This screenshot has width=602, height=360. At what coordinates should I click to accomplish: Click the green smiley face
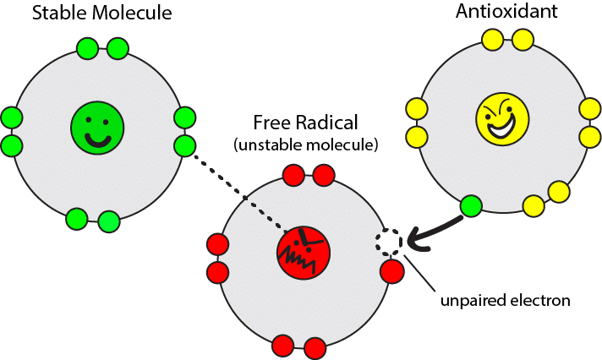coord(97,128)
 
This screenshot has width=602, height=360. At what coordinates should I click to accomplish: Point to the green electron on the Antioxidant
coord(471,205)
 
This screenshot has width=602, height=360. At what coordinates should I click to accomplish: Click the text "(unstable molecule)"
coord(305,145)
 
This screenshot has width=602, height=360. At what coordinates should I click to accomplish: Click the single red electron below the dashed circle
coord(392,272)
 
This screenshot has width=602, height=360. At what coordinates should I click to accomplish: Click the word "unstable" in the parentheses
coord(271,145)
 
